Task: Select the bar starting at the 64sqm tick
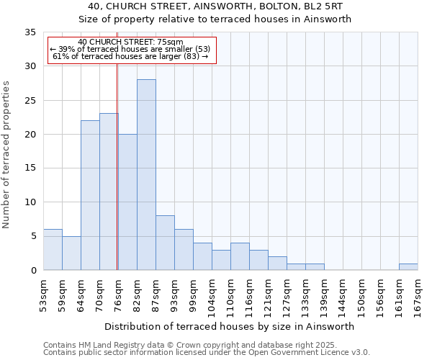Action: (90, 195)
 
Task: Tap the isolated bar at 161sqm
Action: (408, 267)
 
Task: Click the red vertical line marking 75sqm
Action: (117, 180)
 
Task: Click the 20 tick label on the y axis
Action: (30, 135)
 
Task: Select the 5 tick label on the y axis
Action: (33, 237)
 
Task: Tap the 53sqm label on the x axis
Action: (43, 293)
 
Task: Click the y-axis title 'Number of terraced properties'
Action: (6, 155)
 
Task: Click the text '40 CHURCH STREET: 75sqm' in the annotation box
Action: (130, 42)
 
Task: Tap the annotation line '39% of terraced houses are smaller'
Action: (130, 49)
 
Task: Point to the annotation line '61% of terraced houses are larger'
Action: (130, 56)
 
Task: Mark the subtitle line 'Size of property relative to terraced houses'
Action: (215, 19)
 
